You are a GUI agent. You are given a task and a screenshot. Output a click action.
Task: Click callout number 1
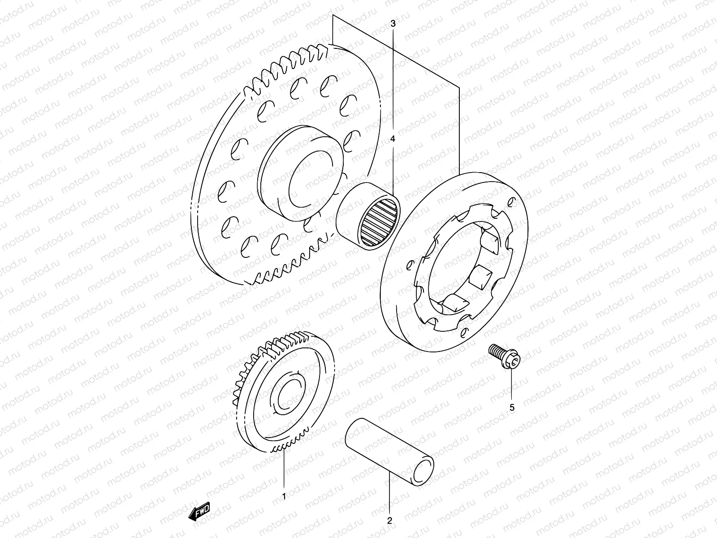pyautogui.click(x=283, y=496)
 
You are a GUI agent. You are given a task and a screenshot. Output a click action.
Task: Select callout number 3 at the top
pyautogui.click(x=393, y=23)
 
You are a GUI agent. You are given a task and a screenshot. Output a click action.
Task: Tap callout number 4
pyautogui.click(x=393, y=139)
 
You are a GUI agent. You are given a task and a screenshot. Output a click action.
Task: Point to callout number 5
pyautogui.click(x=512, y=408)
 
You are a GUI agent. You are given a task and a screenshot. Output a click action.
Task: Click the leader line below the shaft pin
pyautogui.click(x=389, y=493)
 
